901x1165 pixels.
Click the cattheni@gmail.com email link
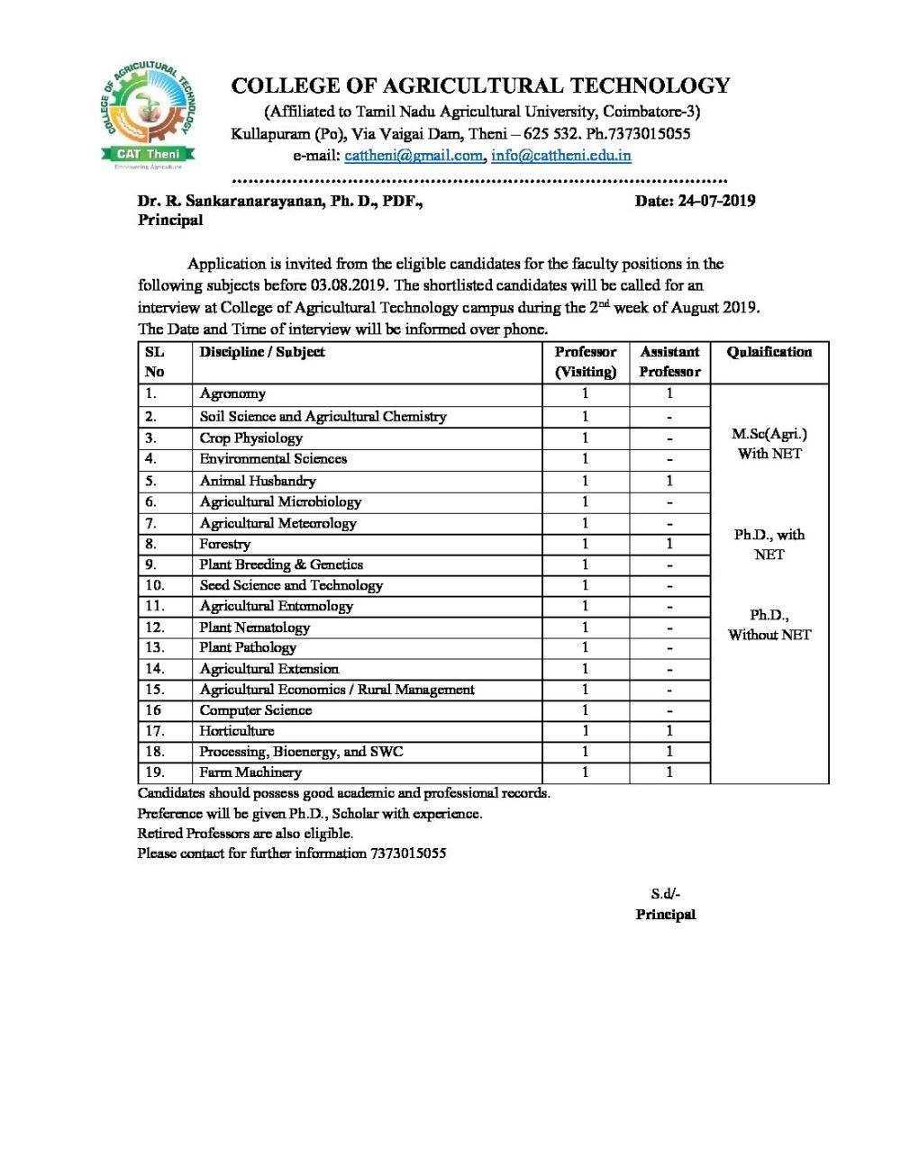pyautogui.click(x=414, y=155)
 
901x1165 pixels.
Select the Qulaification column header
pyautogui.click(x=769, y=352)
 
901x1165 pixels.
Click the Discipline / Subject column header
pyautogui.click(x=262, y=352)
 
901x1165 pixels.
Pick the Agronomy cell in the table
pyautogui.click(x=232, y=393)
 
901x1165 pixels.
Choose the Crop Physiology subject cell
pyautogui.click(x=250, y=438)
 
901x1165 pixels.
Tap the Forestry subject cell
pyautogui.click(x=225, y=544)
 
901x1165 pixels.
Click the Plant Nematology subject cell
pyautogui.click(x=255, y=627)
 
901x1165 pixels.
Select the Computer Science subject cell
pyautogui.click(x=256, y=710)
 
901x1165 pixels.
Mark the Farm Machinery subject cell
pyautogui.click(x=250, y=772)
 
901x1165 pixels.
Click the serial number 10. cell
pyautogui.click(x=155, y=585)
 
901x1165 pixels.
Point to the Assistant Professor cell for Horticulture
pyautogui.click(x=669, y=731)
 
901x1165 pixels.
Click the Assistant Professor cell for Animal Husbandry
pyautogui.click(x=669, y=481)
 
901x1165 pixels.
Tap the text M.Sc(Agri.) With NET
pyautogui.click(x=769, y=444)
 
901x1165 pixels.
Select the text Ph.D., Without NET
pyautogui.click(x=769, y=625)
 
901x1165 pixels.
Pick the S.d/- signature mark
pyautogui.click(x=666, y=894)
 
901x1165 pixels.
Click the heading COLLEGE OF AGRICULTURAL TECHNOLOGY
pyautogui.click(x=480, y=86)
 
